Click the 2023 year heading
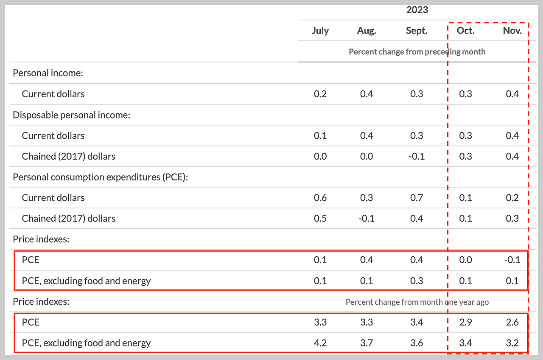pyautogui.click(x=417, y=10)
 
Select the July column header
pyautogui.click(x=320, y=31)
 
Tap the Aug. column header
pyautogui.click(x=367, y=31)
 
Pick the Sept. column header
pyautogui.click(x=417, y=31)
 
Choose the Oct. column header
pyautogui.click(x=465, y=31)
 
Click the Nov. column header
pyautogui.click(x=512, y=31)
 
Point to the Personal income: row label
pyautogui.click(x=48, y=73)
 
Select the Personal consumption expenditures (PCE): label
pyautogui.click(x=100, y=177)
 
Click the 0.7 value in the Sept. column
pyautogui.click(x=417, y=198)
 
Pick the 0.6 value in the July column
pyautogui.click(x=320, y=198)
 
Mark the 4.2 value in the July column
pyautogui.click(x=320, y=343)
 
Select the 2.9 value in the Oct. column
pyautogui.click(x=465, y=322)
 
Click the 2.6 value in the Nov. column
pyautogui.click(x=512, y=322)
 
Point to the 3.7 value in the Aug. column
pyautogui.click(x=367, y=343)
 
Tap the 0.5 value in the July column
pyautogui.click(x=320, y=219)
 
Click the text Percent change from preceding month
pyautogui.click(x=417, y=52)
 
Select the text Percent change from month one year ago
pyautogui.click(x=417, y=302)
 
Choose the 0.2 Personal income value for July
pyautogui.click(x=320, y=94)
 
